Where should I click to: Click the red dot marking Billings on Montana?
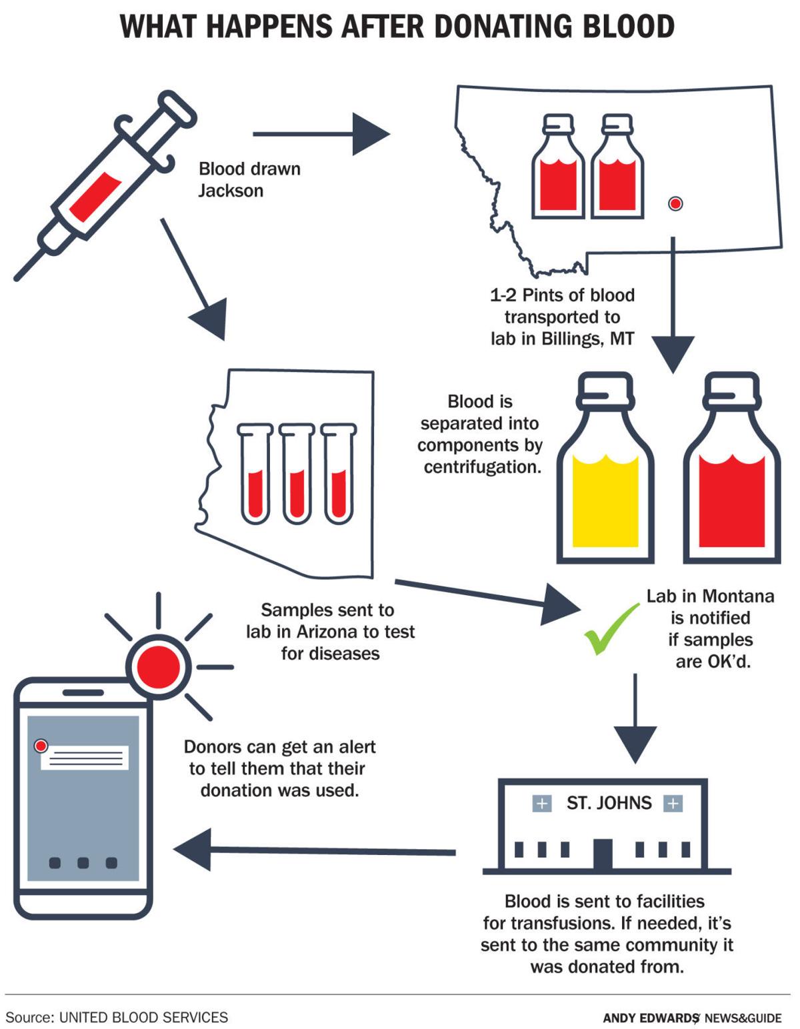click(x=675, y=203)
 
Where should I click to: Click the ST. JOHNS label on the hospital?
click(x=609, y=803)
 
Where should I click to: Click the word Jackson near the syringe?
click(x=231, y=191)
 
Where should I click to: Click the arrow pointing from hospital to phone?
click(x=313, y=850)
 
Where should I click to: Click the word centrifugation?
click(x=482, y=467)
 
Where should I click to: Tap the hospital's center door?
click(x=603, y=854)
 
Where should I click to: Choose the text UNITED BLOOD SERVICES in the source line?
click(x=143, y=1017)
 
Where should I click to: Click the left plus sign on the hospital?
click(x=542, y=804)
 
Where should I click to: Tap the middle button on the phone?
click(x=83, y=863)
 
